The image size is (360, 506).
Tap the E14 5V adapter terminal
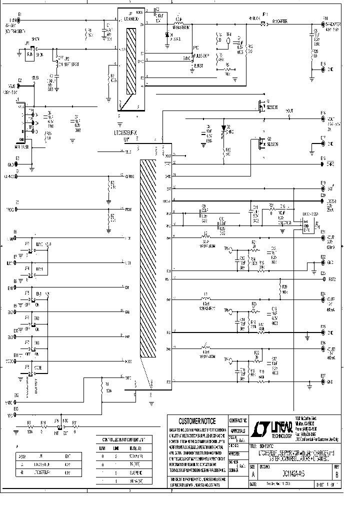[x=323, y=24]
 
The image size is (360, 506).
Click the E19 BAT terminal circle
[x=323, y=188]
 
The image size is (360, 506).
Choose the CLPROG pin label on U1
[x=129, y=176]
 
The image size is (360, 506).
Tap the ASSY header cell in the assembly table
[x=21, y=456]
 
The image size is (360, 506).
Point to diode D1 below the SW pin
[x=167, y=36]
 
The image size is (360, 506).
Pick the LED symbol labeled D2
[x=223, y=130]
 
